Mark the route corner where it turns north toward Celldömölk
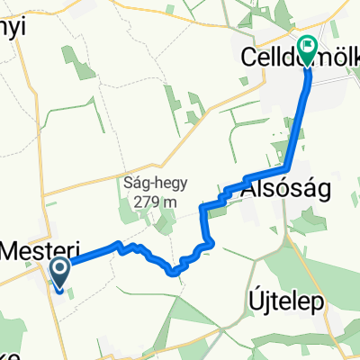[x=287, y=168]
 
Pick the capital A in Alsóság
[x=248, y=187]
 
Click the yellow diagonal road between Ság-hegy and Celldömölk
[x=225, y=117]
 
